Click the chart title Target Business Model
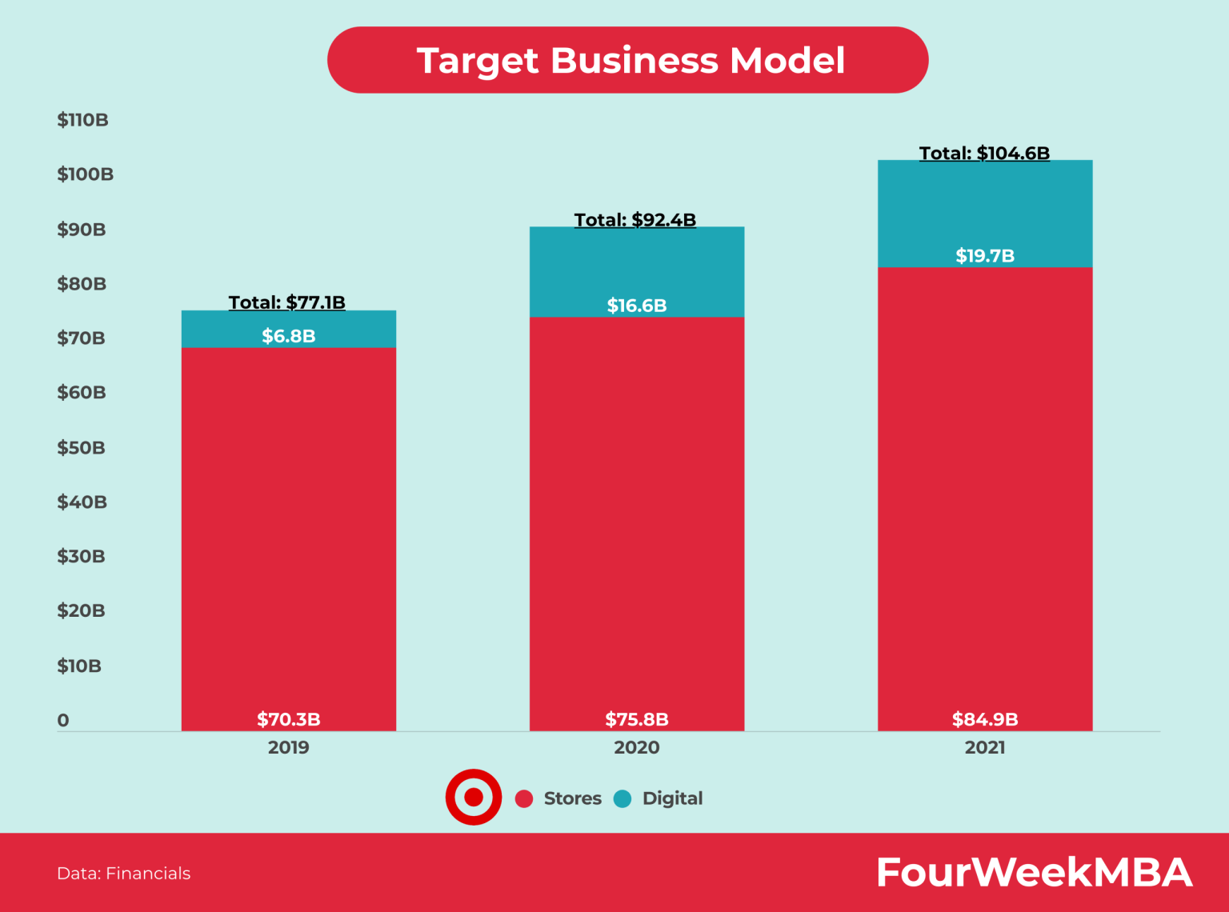pyautogui.click(x=630, y=61)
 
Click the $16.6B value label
pyautogui.click(x=636, y=306)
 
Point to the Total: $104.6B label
pyautogui.click(x=984, y=153)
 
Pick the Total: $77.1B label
pyautogui.click(x=287, y=302)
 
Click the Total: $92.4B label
pyautogui.click(x=635, y=220)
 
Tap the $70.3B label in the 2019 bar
pyautogui.click(x=289, y=719)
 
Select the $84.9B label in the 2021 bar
pyautogui.click(x=985, y=719)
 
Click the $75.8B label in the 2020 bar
pyautogui.click(x=637, y=719)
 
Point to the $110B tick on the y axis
pyautogui.click(x=82, y=120)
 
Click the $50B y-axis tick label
pyautogui.click(x=81, y=447)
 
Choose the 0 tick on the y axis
pyautogui.click(x=63, y=720)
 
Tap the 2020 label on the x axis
pyautogui.click(x=637, y=747)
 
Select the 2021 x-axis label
pyautogui.click(x=985, y=747)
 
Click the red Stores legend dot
pyautogui.click(x=524, y=798)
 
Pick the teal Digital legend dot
pyautogui.click(x=623, y=798)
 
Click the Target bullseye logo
pyautogui.click(x=474, y=797)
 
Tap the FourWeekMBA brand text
pyautogui.click(x=1034, y=872)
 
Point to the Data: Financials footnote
pyautogui.click(x=124, y=874)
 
